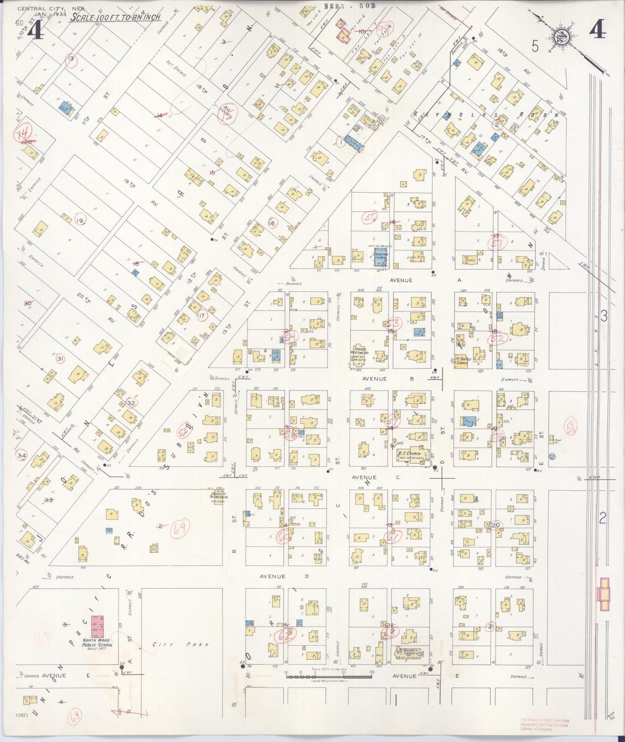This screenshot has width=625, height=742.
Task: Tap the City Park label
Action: click(181, 645)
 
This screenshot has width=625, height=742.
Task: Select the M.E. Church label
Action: click(409, 453)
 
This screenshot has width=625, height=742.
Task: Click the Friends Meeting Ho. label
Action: click(360, 352)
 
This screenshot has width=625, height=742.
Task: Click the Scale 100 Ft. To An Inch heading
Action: click(115, 17)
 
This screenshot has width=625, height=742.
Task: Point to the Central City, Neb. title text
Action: click(51, 9)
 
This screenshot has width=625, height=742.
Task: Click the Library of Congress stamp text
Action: click(545, 725)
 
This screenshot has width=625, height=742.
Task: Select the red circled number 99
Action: click(381, 30)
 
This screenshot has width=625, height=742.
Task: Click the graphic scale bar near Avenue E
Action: click(329, 674)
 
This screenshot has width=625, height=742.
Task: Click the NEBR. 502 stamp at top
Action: click(349, 6)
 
